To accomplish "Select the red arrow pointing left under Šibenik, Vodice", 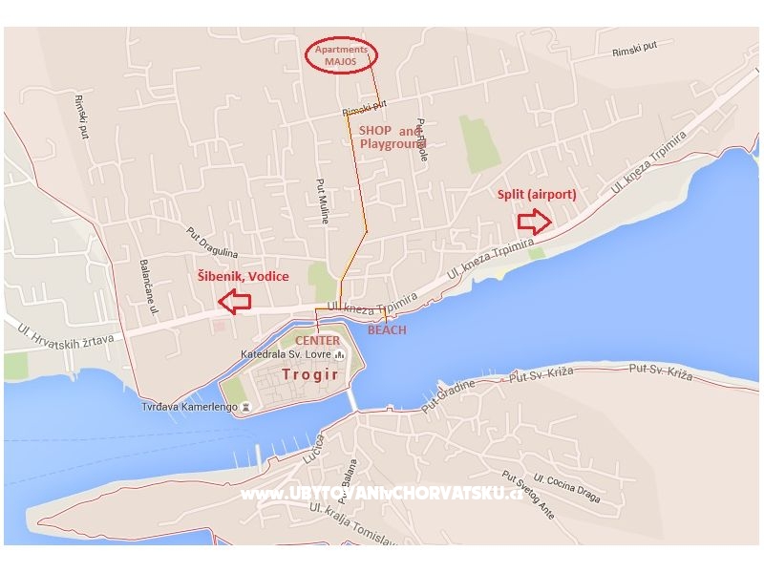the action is pos(234,302).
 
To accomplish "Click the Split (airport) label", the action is pos(537,195).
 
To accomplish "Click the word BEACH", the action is pos(387,330).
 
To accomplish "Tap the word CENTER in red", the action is pos(317,341).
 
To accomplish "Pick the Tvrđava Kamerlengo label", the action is pos(190,406).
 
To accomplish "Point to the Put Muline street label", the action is pos(324,201).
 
